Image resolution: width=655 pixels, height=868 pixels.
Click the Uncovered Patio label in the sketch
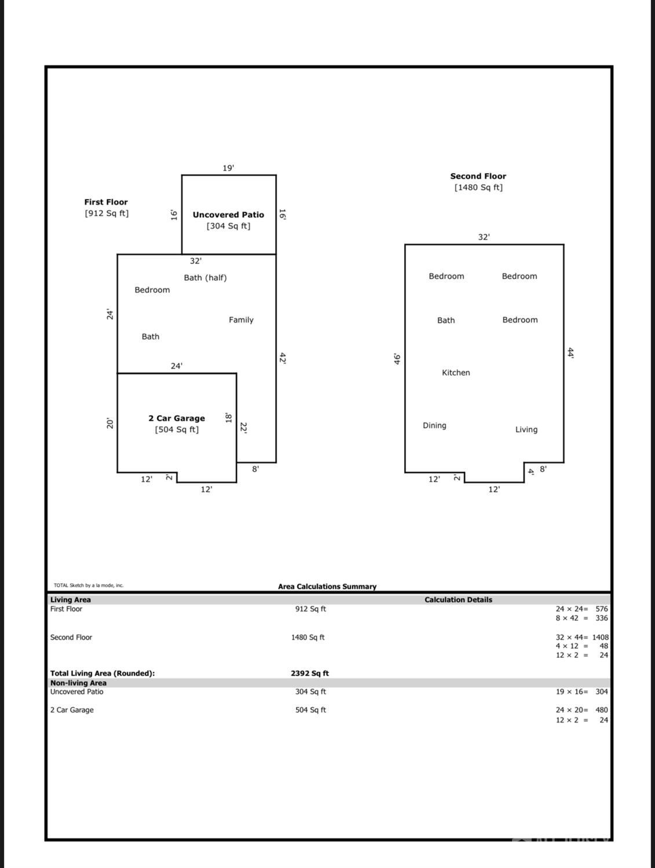point(228,215)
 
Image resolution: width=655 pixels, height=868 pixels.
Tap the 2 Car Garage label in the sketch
point(177,419)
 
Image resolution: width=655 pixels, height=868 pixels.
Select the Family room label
point(241,320)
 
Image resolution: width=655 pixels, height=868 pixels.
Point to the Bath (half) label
point(205,277)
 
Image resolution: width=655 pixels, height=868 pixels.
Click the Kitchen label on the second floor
point(456,372)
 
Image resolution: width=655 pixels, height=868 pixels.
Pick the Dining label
point(434,426)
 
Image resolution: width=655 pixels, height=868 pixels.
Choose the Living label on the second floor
point(526,430)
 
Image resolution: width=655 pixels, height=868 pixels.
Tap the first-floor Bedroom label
point(152,290)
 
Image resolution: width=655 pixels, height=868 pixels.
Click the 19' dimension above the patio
point(228,168)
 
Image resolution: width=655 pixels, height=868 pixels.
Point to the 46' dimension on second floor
point(397,359)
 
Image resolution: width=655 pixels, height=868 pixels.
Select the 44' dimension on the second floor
point(570,353)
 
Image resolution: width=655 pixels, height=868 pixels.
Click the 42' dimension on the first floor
point(283,358)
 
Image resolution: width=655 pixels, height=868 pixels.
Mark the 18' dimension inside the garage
point(228,417)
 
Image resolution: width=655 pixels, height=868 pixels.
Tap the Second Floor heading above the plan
point(478,177)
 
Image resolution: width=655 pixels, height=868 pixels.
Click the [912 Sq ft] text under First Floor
point(107,214)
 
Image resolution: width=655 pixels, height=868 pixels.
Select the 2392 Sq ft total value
point(310,673)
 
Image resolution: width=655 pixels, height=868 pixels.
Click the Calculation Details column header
point(458,599)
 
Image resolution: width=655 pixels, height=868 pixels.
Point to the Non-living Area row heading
point(78,683)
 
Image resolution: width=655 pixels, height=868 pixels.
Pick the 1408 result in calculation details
point(600,637)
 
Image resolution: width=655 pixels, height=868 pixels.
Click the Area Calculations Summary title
point(327,587)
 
